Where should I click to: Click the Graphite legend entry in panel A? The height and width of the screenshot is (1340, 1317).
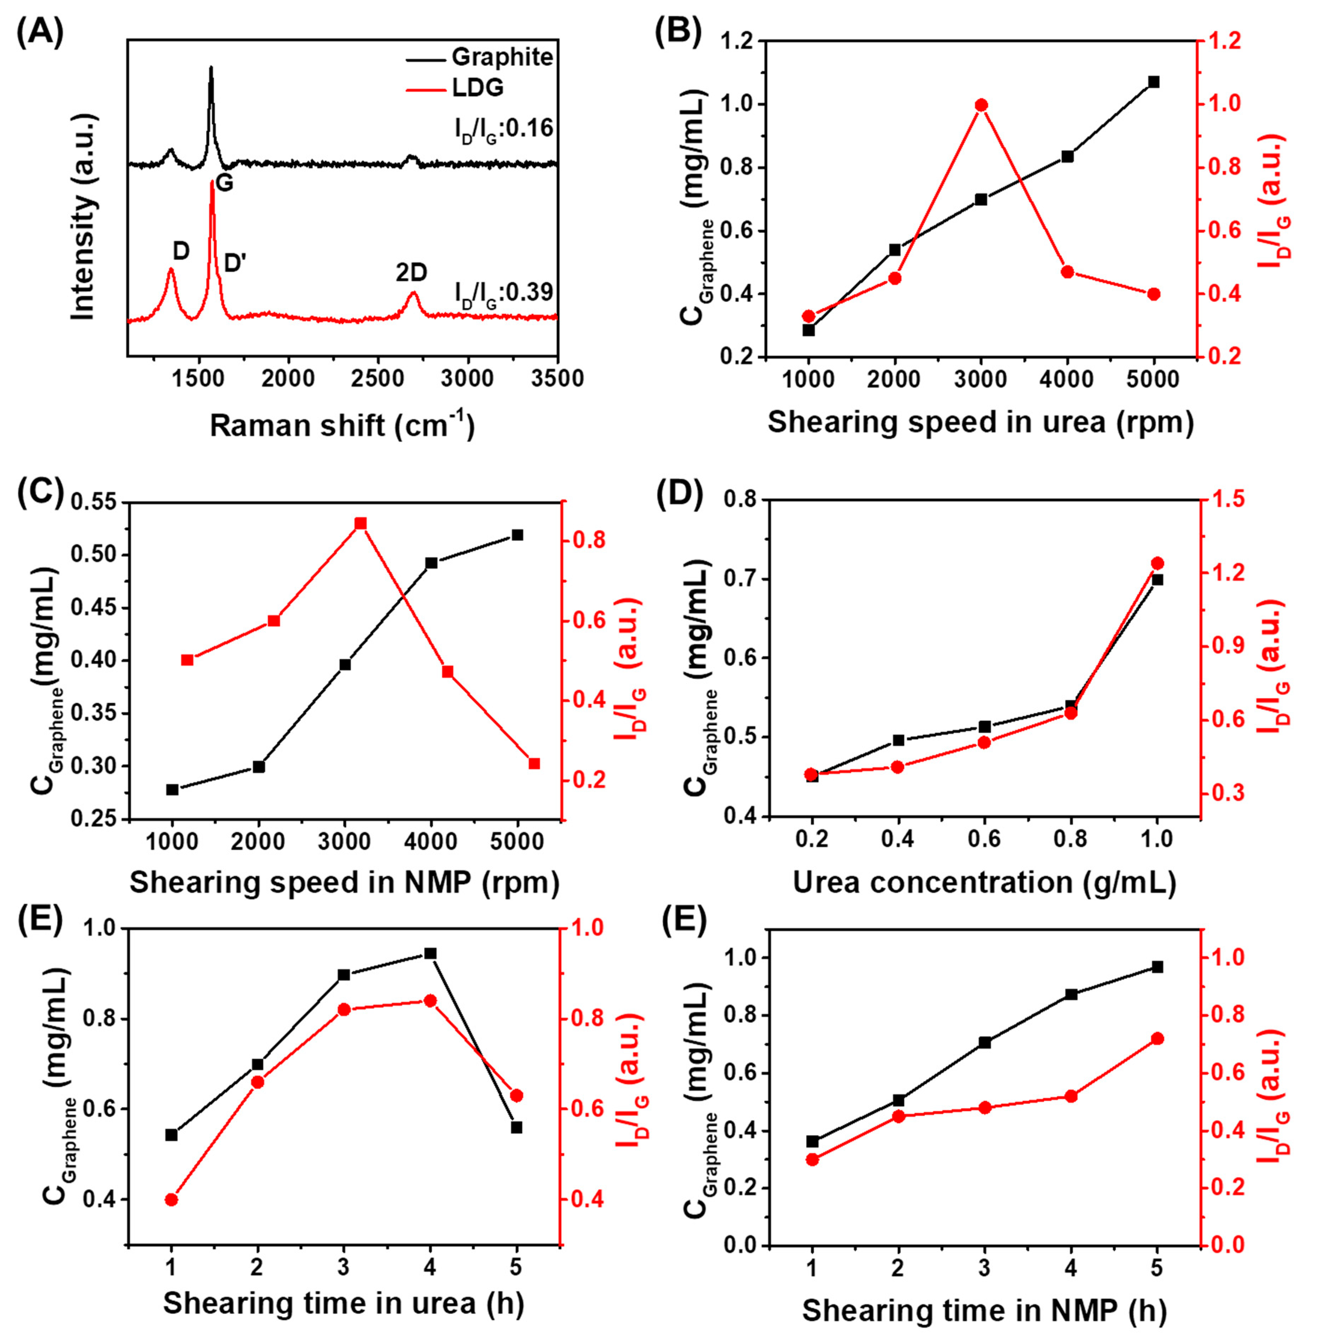coord(502,57)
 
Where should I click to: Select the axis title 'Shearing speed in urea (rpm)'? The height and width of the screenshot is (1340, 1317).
coord(981,421)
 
